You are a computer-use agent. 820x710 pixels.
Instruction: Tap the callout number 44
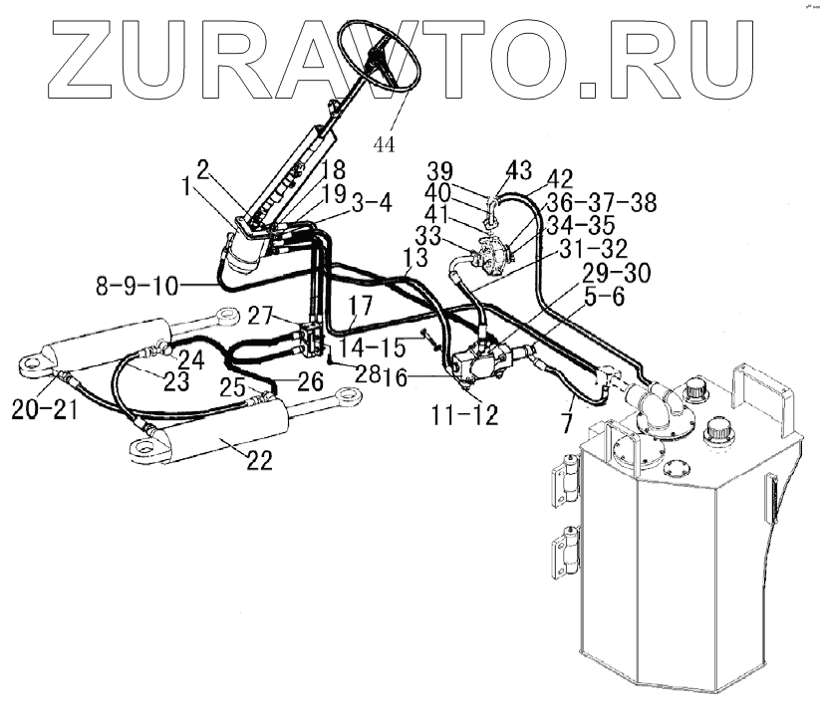[384, 144]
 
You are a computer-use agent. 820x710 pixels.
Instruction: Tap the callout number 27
[261, 318]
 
